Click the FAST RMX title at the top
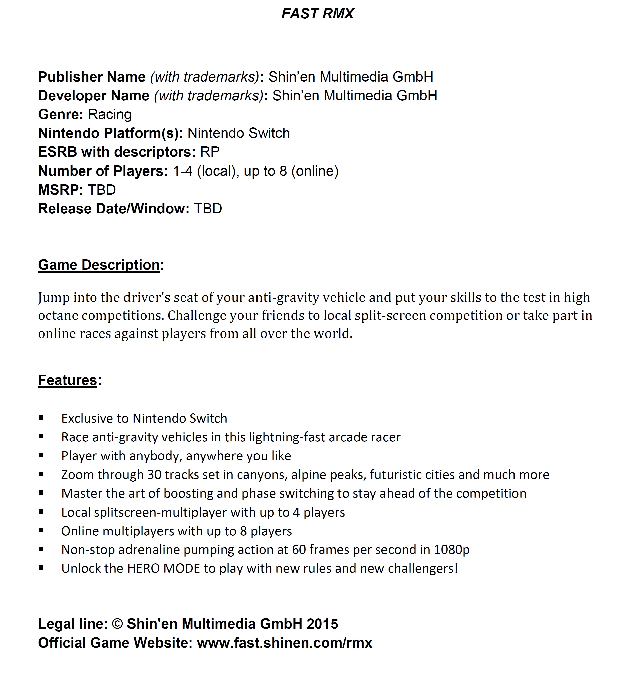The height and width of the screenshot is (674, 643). [318, 13]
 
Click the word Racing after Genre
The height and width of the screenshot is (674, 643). [110, 114]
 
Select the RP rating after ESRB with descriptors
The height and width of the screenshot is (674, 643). [210, 152]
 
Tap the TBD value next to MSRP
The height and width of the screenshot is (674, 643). [102, 190]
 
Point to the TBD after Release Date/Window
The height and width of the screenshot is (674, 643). [208, 208]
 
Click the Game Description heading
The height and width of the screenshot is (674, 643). [99, 265]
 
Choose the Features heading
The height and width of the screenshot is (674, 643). [68, 380]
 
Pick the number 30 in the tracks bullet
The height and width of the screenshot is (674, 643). [154, 474]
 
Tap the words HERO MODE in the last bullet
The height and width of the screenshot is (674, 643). [164, 568]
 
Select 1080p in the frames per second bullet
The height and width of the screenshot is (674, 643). [451, 550]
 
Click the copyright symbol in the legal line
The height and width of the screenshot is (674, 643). [117, 624]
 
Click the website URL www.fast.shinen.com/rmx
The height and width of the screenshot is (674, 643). [285, 643]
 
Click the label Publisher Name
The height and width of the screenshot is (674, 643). [92, 77]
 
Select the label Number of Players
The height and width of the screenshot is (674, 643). [103, 171]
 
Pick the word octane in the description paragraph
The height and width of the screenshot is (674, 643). [58, 315]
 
